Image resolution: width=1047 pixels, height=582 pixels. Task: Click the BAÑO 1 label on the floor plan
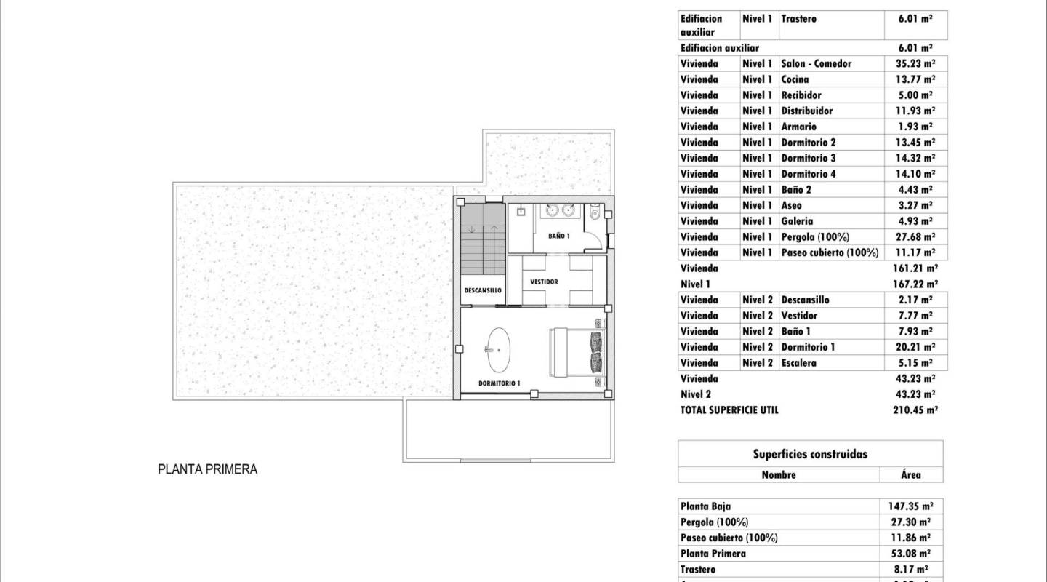click(x=559, y=236)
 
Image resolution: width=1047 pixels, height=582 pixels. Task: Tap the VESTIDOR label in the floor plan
click(x=544, y=282)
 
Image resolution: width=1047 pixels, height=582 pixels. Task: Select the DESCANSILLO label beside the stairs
click(x=483, y=290)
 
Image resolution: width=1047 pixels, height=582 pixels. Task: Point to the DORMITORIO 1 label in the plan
click(x=499, y=383)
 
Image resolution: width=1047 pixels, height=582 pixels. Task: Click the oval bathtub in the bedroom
click(x=498, y=350)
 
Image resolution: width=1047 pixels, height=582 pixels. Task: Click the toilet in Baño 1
click(x=595, y=213)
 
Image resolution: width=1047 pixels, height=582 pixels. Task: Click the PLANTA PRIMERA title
click(x=208, y=469)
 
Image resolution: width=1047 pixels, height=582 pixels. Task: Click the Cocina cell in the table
click(x=795, y=79)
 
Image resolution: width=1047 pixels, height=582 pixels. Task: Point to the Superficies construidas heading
click(x=810, y=454)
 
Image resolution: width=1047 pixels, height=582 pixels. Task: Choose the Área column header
click(x=910, y=474)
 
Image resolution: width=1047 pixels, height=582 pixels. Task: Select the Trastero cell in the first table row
click(x=798, y=19)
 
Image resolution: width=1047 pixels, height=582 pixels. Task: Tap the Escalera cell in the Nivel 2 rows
click(x=798, y=363)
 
